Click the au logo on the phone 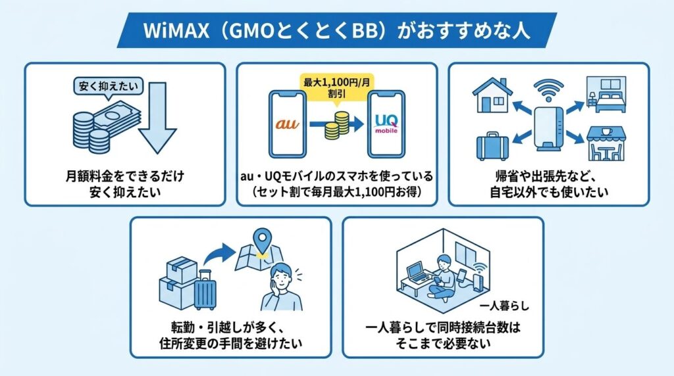click(x=287, y=123)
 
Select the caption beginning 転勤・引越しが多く click(x=230, y=335)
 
